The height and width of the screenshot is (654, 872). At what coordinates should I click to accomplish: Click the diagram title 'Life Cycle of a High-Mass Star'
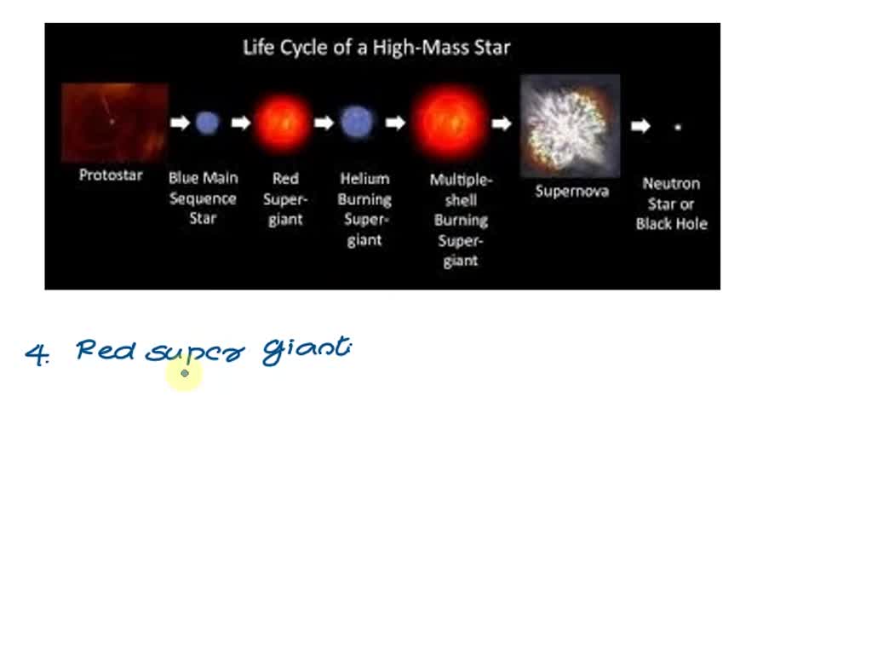click(x=376, y=47)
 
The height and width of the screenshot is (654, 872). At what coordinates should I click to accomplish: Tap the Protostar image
click(x=114, y=122)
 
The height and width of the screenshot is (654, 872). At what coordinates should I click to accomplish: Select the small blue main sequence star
click(x=206, y=123)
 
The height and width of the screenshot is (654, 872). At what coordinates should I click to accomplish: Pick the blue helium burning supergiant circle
click(x=357, y=123)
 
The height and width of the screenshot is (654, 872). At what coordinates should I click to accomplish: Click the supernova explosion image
click(x=570, y=125)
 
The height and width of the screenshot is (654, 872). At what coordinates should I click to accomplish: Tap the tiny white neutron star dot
click(x=678, y=127)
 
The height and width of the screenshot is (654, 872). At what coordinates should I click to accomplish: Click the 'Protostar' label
click(x=111, y=175)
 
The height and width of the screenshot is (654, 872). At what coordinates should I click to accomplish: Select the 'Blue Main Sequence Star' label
click(x=204, y=198)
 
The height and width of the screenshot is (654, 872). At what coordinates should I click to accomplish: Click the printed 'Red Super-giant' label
click(x=284, y=199)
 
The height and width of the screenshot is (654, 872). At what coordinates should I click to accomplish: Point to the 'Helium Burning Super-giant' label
click(x=364, y=209)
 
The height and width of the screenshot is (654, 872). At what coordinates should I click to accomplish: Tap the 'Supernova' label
click(x=571, y=192)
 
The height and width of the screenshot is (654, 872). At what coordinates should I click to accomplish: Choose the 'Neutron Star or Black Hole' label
click(x=672, y=204)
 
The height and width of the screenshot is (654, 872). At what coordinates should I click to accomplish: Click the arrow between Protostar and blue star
click(x=180, y=123)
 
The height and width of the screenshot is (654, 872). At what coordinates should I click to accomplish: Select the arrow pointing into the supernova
click(x=502, y=124)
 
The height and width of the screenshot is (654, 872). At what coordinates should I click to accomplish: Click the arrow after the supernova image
click(x=640, y=126)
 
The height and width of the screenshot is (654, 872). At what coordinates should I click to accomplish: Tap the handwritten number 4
click(x=37, y=354)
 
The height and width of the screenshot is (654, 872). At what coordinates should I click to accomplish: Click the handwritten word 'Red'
click(x=105, y=350)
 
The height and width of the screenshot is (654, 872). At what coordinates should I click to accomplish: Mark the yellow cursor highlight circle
click(x=185, y=374)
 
